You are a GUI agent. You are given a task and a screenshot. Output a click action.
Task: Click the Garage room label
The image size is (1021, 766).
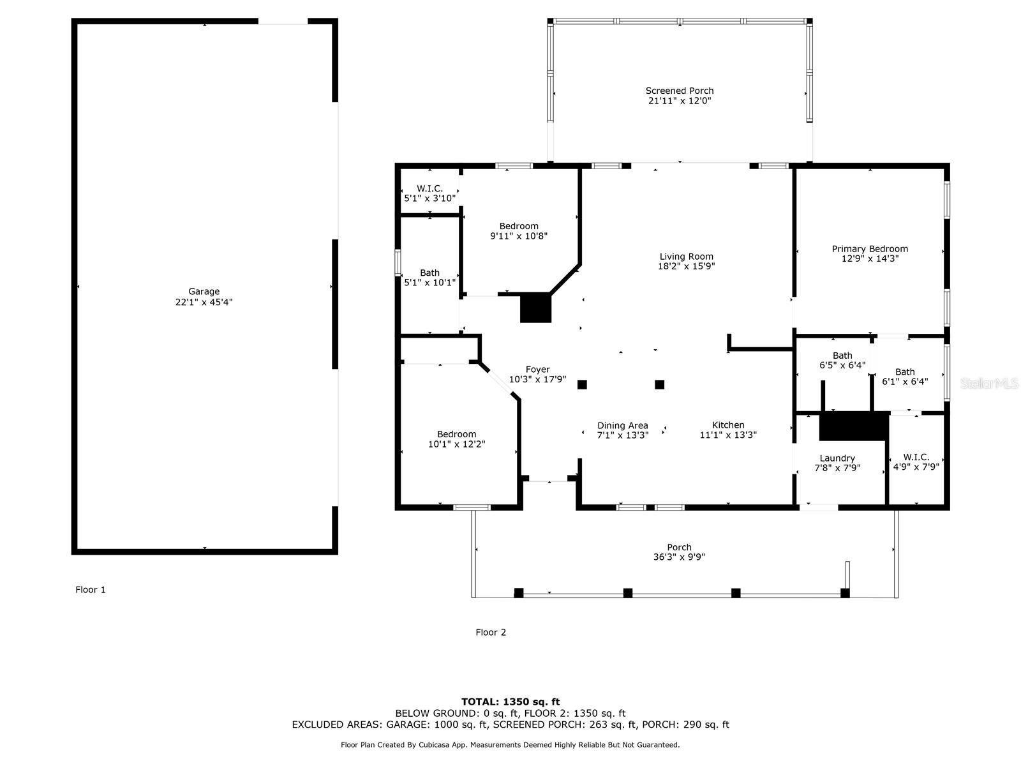tap(204, 291)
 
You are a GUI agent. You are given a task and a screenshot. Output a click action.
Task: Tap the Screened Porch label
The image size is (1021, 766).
tap(679, 91)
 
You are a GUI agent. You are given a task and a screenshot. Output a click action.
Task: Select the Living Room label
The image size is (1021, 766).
tap(686, 256)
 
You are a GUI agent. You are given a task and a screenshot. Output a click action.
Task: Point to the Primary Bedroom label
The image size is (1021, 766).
tap(870, 249)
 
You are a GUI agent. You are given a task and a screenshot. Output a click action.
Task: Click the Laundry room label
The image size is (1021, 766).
tap(837, 458)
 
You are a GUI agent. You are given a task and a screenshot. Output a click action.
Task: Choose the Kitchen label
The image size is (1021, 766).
tap(728, 424)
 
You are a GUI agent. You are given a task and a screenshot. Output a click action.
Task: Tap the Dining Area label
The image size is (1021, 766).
tap(622, 425)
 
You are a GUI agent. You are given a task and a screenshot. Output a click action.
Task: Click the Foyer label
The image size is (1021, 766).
tap(538, 370)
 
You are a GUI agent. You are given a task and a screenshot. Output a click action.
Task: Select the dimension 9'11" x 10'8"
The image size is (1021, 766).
tap(519, 236)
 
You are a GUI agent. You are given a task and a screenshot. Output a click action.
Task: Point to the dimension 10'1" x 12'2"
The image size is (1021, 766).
tap(456, 444)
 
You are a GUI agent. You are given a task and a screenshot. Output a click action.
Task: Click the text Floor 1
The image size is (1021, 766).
tap(90, 590)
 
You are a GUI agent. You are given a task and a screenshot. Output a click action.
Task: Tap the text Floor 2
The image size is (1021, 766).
tap(490, 632)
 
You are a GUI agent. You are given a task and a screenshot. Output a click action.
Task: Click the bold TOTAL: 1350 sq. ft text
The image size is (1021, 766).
tap(511, 702)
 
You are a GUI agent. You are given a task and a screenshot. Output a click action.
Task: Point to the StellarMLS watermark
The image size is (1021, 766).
tap(989, 383)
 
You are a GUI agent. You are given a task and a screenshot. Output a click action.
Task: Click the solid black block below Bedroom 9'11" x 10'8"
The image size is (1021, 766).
tap(535, 308)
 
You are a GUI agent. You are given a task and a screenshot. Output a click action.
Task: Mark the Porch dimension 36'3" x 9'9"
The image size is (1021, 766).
tap(679, 557)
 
